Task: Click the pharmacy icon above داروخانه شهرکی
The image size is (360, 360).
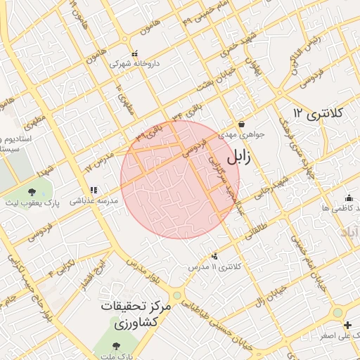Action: pyautogui.click(x=135, y=53)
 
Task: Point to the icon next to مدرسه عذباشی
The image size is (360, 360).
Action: pyautogui.click(x=94, y=190)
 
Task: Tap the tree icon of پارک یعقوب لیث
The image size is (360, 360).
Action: pyautogui.click(x=32, y=191)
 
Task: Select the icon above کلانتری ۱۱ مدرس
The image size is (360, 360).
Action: pyautogui.click(x=214, y=257)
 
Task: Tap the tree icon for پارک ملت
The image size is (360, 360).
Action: pyautogui.click(x=116, y=345)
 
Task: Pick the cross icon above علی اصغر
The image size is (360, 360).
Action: pyautogui.click(x=347, y=324)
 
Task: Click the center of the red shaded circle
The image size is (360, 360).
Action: pyautogui.click(x=180, y=179)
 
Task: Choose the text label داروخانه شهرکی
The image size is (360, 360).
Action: pyautogui.click(x=134, y=63)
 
